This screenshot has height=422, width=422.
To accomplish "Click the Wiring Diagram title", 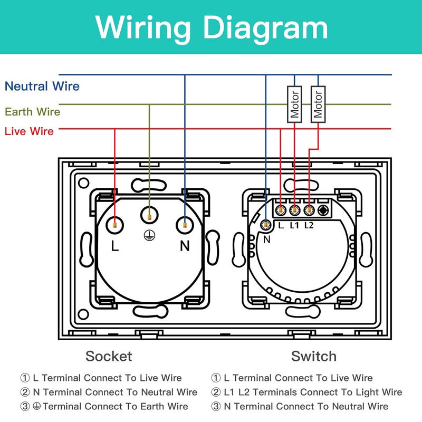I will tap(211, 26).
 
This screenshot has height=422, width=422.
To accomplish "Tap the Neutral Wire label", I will tap(42, 87).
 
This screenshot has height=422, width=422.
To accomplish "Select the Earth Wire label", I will tap(33, 112).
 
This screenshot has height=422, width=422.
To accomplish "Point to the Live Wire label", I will tap(29, 131).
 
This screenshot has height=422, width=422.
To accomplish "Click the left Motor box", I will tap(294, 104).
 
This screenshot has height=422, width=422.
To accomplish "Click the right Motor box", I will tap(318, 104).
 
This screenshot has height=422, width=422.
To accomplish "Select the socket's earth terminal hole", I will tap(149, 214).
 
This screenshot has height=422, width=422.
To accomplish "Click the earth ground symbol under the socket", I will tap(149, 235).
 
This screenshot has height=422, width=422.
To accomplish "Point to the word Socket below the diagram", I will tap(109, 356).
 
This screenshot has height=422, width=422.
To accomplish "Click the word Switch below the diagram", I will tap(313, 356).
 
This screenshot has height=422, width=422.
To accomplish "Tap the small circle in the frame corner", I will tap(83, 184).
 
